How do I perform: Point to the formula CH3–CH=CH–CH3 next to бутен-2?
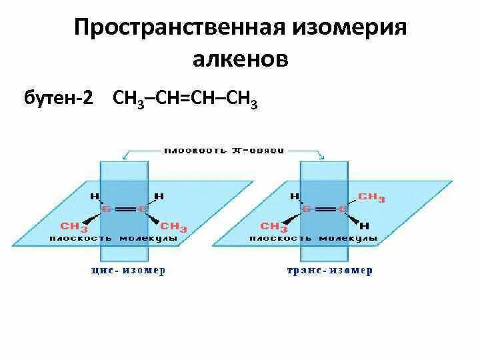coord(186,99)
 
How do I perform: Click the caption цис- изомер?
coord(127,271)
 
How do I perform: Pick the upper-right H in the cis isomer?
coord(159,197)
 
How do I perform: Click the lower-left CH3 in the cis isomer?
coord(74,226)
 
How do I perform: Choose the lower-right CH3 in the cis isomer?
coord(174,227)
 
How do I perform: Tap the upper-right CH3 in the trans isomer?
coord(371,197)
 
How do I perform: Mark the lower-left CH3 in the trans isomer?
coord(274,226)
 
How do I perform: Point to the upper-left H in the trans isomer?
coord(293,197)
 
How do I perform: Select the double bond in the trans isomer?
coord(325,209)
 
